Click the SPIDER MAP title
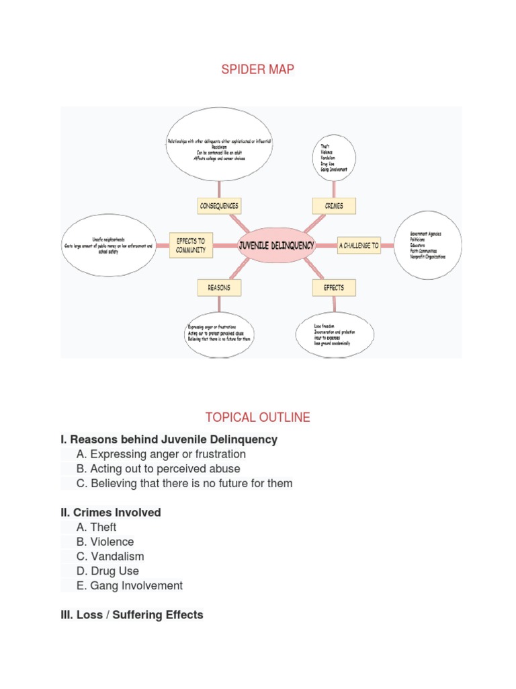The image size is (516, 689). point(258,69)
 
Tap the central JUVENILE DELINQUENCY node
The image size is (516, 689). point(276,246)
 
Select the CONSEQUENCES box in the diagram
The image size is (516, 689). point(219,206)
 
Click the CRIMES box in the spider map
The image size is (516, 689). point(334,206)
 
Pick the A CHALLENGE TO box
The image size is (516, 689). point(359,246)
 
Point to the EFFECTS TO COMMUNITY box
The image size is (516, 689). point(191,246)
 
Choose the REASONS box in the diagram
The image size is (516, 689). point(219,287)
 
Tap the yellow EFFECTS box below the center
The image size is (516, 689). point(334,287)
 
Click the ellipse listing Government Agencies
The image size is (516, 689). point(427,245)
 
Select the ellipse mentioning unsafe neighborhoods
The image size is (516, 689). point(107,246)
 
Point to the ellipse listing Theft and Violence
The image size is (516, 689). point(334,157)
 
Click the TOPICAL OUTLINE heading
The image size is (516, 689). point(258,417)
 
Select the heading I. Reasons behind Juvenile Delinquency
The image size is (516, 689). point(169,439)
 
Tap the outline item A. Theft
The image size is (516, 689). point(97,528)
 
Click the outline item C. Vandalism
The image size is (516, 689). point(110,556)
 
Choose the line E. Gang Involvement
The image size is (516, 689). point(130,586)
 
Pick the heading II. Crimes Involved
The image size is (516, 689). point(111,513)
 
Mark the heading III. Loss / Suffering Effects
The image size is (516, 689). point(132,615)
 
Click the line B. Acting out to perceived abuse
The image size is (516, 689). point(158,469)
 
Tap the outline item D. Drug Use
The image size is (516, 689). point(108,571)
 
